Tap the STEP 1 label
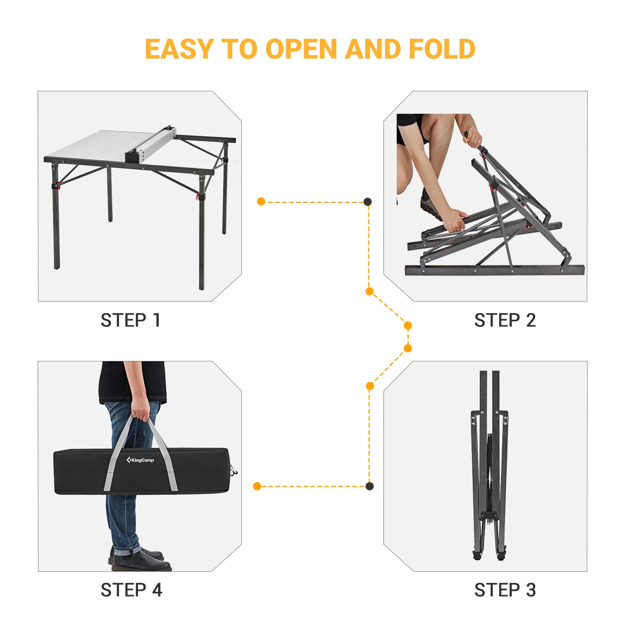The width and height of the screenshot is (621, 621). tap(130, 321)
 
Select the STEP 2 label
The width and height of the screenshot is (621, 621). tap(505, 321)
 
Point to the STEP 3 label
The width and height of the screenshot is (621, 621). tap(505, 590)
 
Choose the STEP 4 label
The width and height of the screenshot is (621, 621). tap(131, 590)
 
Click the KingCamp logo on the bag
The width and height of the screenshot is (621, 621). tap(140, 460)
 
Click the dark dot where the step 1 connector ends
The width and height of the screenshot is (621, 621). tap(368, 201)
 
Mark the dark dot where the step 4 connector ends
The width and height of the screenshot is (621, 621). tap(369, 486)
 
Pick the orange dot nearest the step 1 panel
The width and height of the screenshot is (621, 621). tap(261, 201)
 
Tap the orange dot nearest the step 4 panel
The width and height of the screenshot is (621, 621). tap(257, 486)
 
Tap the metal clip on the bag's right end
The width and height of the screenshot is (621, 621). tap(234, 471)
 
